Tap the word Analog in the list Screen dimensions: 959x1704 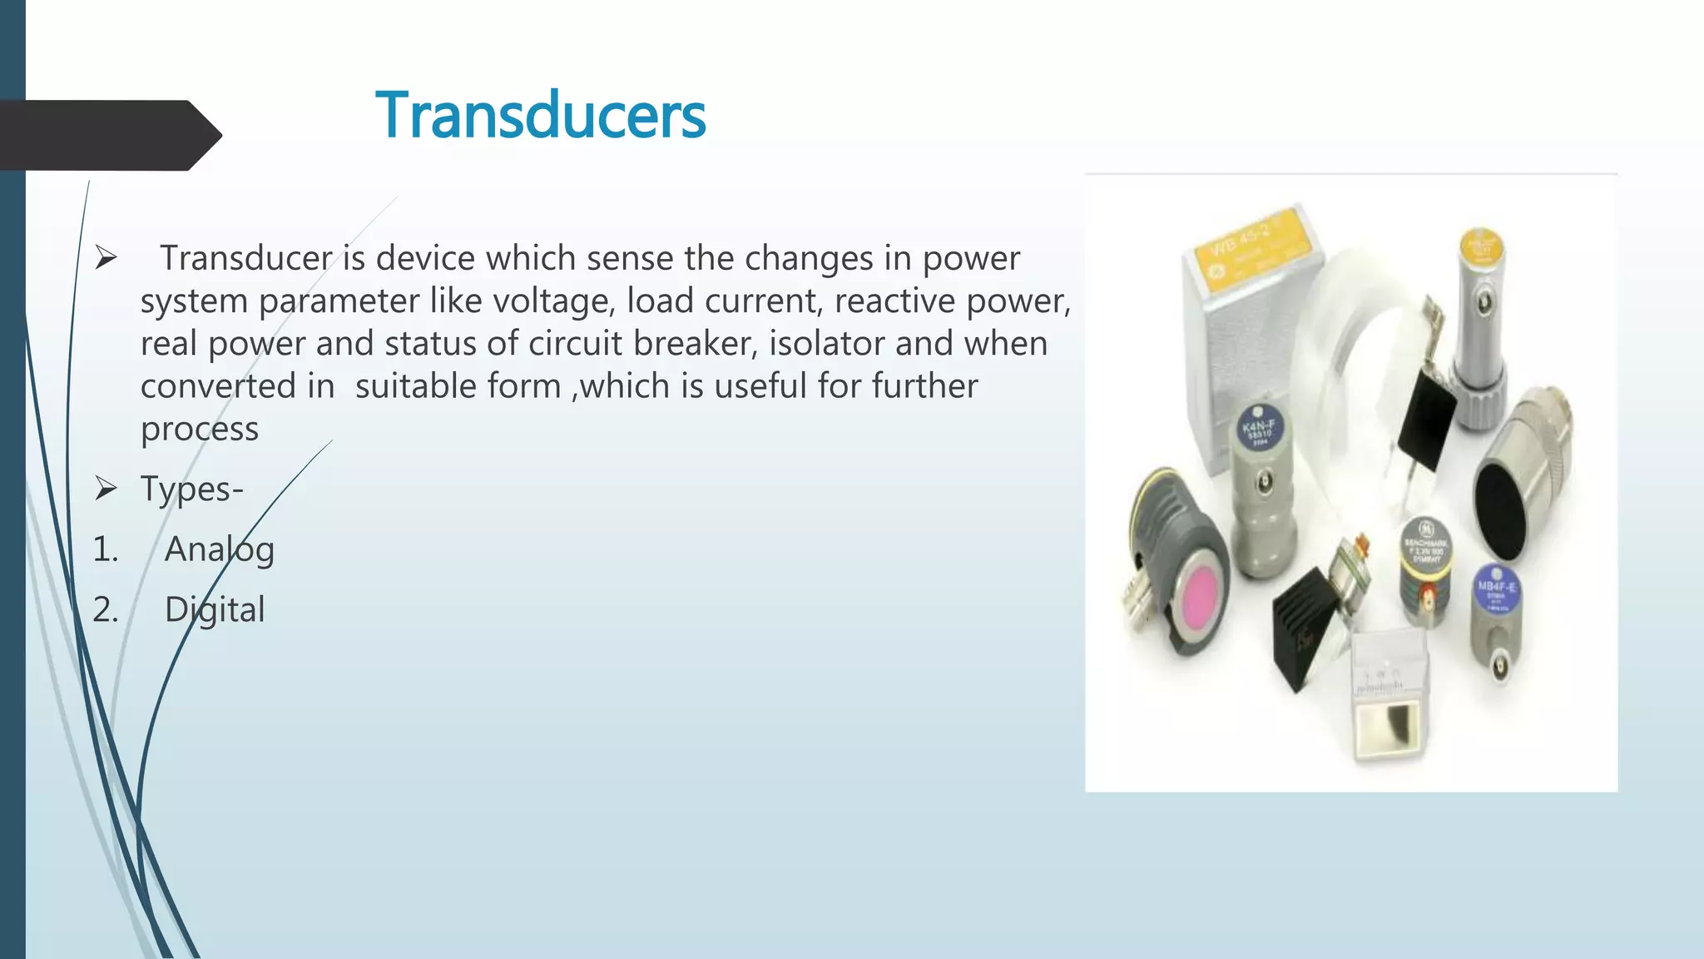pos(220,549)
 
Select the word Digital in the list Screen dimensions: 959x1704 pos(215,610)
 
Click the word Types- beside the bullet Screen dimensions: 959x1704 pos(191,489)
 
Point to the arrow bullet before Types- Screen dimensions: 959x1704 pos(106,488)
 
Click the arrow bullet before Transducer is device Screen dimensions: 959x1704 pos(106,258)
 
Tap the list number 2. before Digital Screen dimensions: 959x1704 pos(106,610)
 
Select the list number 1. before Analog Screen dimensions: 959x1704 pos(106,549)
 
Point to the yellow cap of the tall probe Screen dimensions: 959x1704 pos(1482,246)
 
